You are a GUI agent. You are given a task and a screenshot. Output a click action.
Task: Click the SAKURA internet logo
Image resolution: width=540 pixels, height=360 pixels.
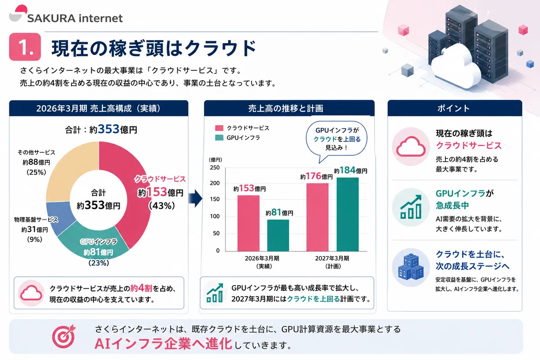(x=66, y=14)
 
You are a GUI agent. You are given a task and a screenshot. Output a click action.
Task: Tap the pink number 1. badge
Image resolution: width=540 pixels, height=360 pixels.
(x=25, y=47)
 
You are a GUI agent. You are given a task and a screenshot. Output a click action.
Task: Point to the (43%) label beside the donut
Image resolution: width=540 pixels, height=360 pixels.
(x=162, y=206)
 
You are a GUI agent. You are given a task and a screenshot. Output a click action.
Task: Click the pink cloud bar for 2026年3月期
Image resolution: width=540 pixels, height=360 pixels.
(x=248, y=223)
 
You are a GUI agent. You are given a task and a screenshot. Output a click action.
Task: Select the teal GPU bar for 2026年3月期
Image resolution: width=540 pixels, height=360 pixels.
(x=278, y=235)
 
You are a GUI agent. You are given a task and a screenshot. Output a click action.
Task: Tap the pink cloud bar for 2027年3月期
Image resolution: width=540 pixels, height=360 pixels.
(x=318, y=217)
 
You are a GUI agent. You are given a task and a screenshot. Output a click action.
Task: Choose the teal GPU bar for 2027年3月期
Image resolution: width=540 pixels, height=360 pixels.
(x=347, y=214)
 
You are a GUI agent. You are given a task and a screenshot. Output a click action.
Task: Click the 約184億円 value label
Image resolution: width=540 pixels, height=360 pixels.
(x=351, y=170)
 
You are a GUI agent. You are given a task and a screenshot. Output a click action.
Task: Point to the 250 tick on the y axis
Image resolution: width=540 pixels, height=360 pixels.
(x=215, y=167)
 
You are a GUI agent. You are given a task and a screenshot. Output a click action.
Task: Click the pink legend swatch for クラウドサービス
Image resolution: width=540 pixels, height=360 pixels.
(x=219, y=128)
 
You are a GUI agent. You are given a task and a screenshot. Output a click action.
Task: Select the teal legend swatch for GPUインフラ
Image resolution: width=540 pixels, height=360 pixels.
(x=219, y=138)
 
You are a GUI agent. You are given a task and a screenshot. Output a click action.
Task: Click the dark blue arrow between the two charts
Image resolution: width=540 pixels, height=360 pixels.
(x=195, y=198)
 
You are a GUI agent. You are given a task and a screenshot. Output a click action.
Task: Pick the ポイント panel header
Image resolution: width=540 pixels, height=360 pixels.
(x=454, y=108)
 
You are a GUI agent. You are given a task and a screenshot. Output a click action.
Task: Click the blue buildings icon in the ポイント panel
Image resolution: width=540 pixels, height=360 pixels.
(x=411, y=267)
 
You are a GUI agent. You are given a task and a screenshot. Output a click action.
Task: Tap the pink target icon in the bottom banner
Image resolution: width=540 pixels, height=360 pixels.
(x=64, y=336)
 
